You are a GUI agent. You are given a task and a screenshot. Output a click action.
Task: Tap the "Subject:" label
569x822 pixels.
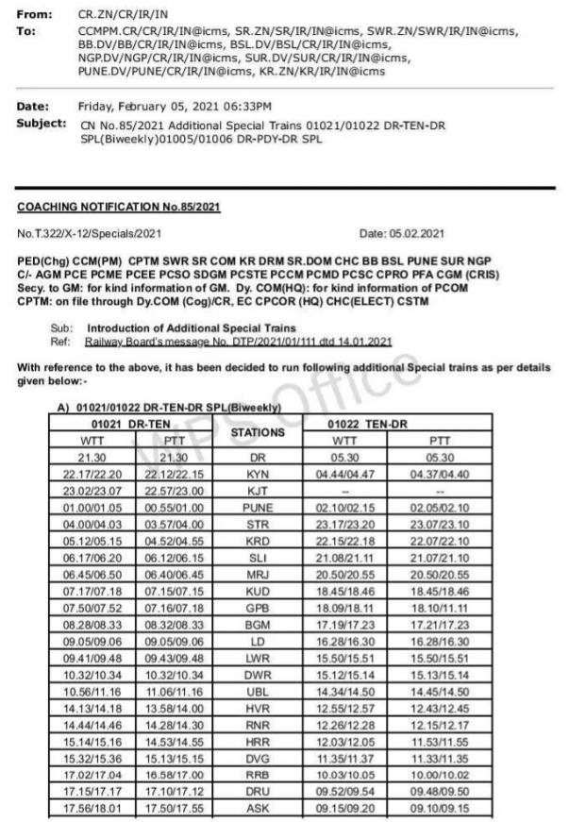pos(42,123)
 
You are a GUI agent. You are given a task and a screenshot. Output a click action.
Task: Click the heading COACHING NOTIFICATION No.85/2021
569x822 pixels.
pos(119,207)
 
